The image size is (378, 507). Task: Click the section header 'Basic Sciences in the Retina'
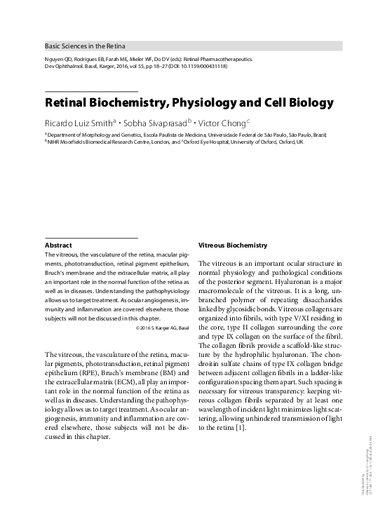coord(84,46)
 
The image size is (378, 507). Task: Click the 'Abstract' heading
coord(58,246)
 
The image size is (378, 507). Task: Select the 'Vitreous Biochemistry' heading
coord(233,246)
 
